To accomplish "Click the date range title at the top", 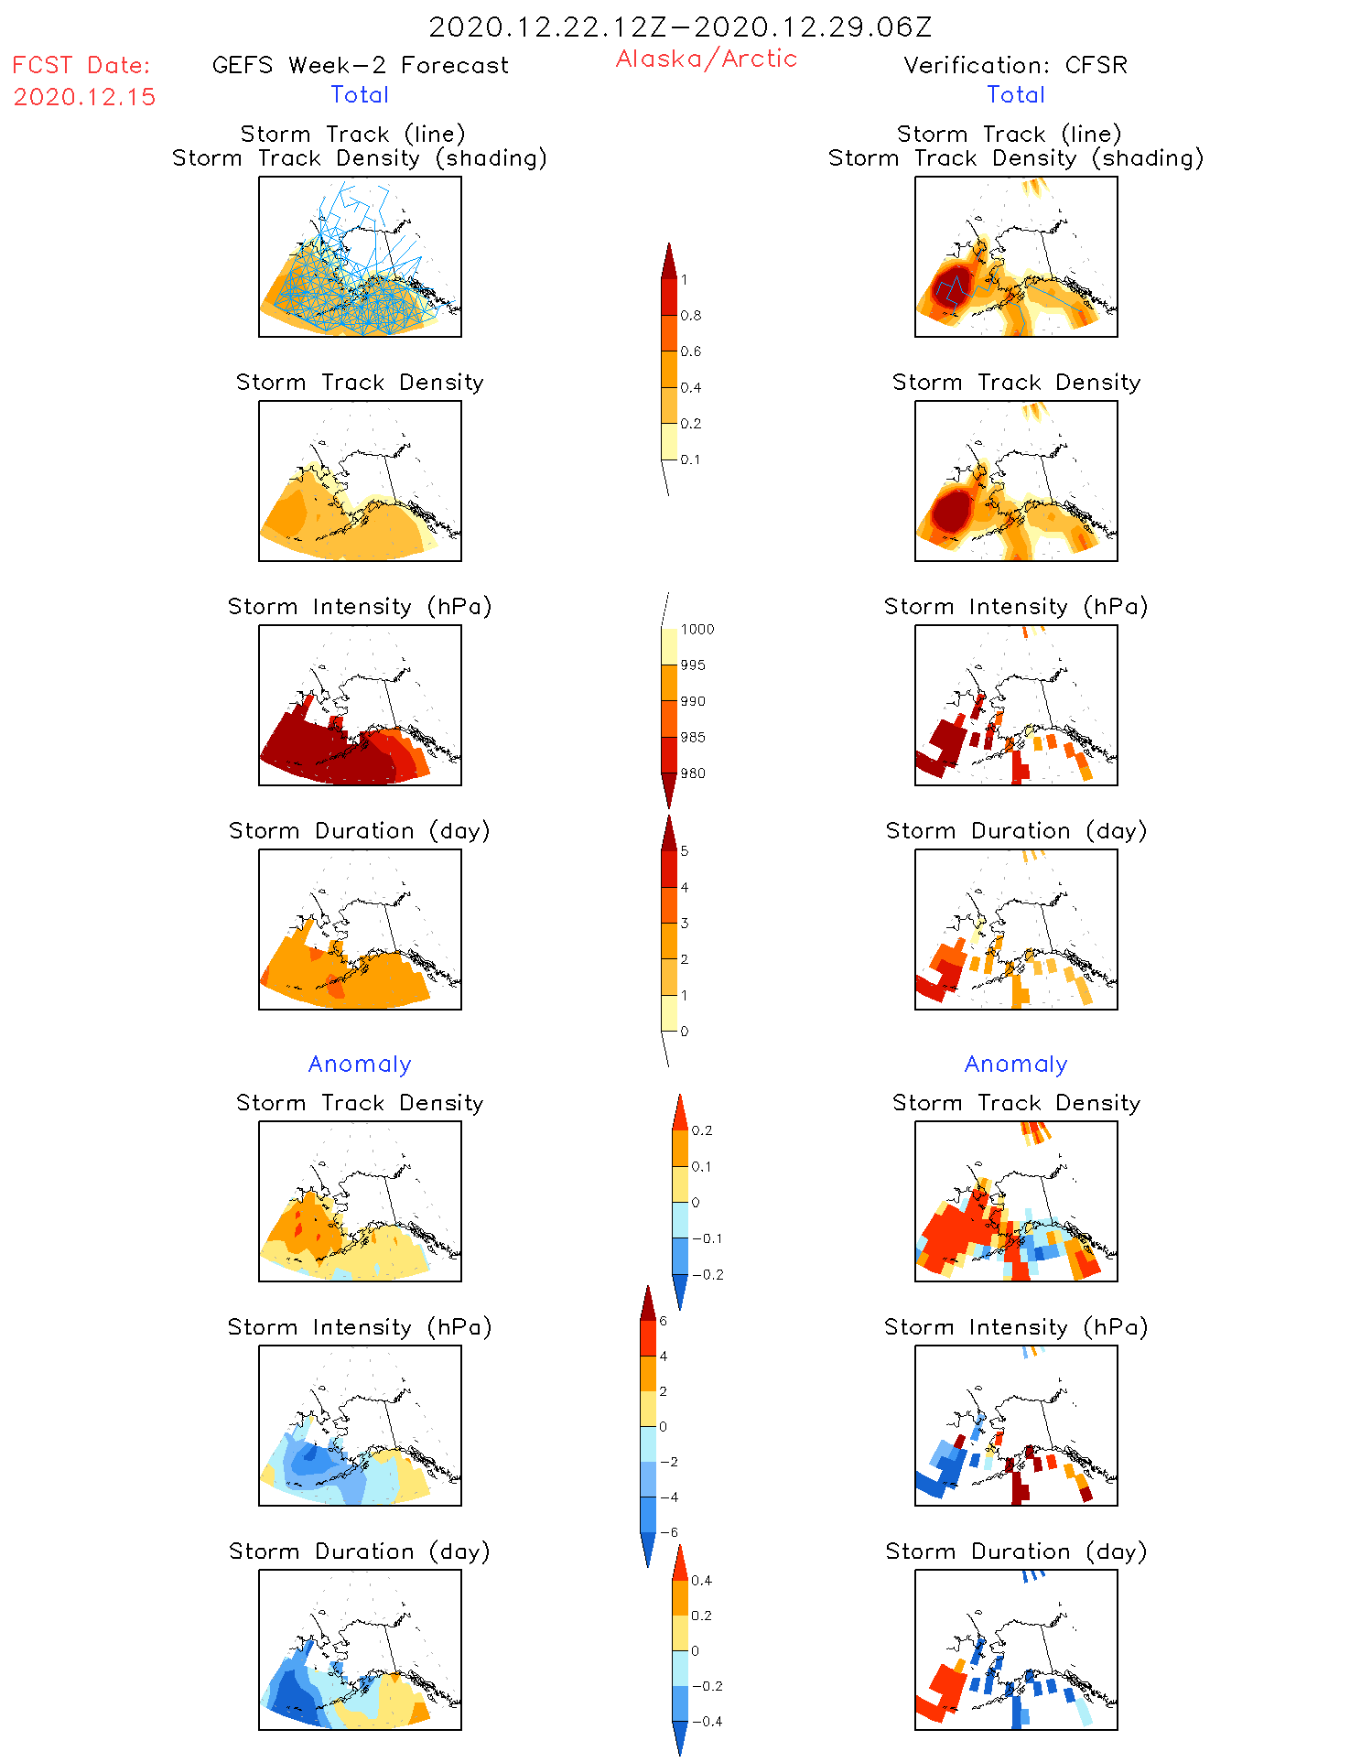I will click(x=680, y=27).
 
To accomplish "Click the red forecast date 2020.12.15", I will click(x=84, y=97).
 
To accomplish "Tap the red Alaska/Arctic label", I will click(x=706, y=59).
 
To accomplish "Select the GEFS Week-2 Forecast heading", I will click(x=360, y=65).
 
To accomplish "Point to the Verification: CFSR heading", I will click(x=1015, y=65).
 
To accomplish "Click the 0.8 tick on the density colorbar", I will click(x=691, y=316).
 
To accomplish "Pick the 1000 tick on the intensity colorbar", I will click(x=697, y=630).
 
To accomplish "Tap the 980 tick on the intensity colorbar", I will click(x=693, y=773).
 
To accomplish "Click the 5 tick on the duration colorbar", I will click(x=685, y=851).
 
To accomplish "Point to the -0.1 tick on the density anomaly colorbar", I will click(x=707, y=1238).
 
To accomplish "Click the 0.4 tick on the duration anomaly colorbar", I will click(x=701, y=1581).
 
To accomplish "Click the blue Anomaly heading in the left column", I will click(x=360, y=1064).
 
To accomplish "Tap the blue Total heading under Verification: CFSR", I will click(x=1015, y=94).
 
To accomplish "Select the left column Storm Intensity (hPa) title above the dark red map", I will click(x=360, y=606).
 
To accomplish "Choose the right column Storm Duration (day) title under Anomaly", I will click(x=1016, y=1551).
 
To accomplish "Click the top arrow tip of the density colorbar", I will click(x=669, y=244).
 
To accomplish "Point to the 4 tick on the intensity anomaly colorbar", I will click(x=664, y=1356).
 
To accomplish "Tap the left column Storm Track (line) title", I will click(x=352, y=134).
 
